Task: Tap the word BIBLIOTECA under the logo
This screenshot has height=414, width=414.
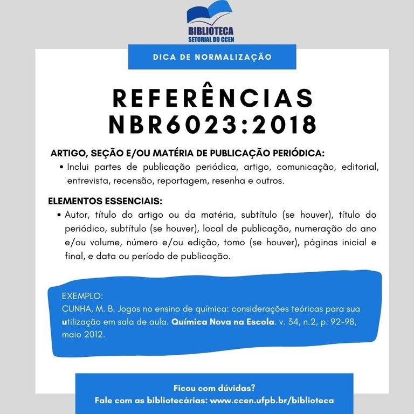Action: (x=211, y=31)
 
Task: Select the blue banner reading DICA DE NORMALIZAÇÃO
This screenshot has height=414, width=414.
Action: (x=212, y=57)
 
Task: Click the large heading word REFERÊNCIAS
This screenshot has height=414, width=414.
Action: (x=212, y=98)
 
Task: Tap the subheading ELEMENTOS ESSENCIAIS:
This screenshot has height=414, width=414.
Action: (x=105, y=202)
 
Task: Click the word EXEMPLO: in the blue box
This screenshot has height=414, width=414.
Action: (x=82, y=296)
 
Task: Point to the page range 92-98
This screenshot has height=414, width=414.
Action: (x=342, y=322)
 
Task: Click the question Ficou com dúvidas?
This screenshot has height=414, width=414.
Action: (x=214, y=388)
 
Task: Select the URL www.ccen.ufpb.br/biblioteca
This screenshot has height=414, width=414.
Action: (x=271, y=401)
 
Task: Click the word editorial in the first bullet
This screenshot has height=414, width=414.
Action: (x=360, y=167)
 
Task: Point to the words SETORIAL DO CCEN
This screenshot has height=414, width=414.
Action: (x=211, y=40)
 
